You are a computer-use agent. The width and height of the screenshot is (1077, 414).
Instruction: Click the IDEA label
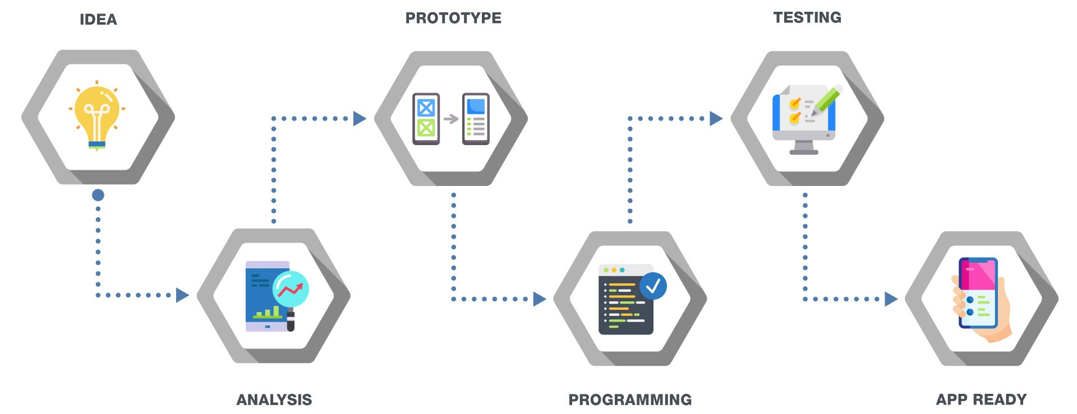tap(98, 20)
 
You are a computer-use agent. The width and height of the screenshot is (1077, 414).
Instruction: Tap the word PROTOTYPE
tap(453, 18)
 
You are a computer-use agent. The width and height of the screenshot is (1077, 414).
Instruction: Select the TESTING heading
tap(807, 17)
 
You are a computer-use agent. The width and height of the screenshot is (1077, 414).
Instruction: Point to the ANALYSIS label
tap(274, 399)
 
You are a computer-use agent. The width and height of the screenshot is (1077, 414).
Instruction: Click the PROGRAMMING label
tap(630, 399)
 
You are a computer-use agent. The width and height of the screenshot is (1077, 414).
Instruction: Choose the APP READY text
tap(981, 399)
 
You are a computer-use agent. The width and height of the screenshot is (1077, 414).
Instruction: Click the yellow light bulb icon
tap(97, 115)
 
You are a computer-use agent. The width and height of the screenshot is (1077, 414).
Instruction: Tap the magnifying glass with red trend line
tap(291, 289)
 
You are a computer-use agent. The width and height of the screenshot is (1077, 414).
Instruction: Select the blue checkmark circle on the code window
tap(653, 286)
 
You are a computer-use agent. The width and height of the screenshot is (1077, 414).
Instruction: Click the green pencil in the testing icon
tap(827, 101)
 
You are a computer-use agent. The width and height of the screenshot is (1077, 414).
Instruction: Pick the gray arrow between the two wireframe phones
tap(450, 119)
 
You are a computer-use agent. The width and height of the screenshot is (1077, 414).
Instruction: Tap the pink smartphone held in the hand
tap(978, 292)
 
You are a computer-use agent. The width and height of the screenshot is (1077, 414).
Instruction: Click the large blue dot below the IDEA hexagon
tap(98, 195)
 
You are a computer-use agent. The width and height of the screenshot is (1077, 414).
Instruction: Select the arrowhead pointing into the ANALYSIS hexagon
tap(182, 295)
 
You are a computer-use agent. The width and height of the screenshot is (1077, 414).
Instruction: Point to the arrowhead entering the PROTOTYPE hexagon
tap(360, 118)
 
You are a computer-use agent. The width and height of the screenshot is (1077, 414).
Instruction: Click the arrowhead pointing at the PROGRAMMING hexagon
tap(539, 299)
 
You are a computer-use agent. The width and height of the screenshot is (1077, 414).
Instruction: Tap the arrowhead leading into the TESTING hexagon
tap(716, 118)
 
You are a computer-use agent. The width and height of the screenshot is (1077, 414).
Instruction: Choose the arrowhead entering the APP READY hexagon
tap(891, 299)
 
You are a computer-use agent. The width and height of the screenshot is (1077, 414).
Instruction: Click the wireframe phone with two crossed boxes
tap(426, 119)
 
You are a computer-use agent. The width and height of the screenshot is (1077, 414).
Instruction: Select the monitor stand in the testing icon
tap(804, 148)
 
